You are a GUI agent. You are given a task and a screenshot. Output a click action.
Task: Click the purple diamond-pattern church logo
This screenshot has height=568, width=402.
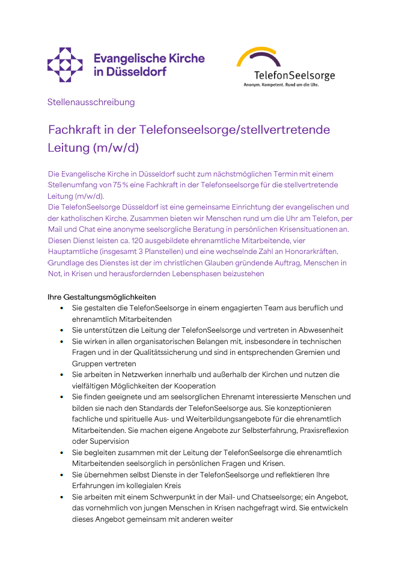pos(65,65)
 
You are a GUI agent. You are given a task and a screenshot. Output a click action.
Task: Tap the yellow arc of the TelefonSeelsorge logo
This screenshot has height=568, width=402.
pos(255,54)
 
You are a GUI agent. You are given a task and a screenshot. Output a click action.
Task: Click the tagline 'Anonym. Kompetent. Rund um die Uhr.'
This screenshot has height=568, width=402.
pos(281,85)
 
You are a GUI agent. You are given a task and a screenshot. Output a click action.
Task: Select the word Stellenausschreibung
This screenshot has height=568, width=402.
pos(91,102)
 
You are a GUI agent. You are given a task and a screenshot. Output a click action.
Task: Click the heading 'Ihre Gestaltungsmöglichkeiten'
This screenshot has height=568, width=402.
pos(102,297)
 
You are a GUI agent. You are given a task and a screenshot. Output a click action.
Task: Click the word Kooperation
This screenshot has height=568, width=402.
pos(190,386)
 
